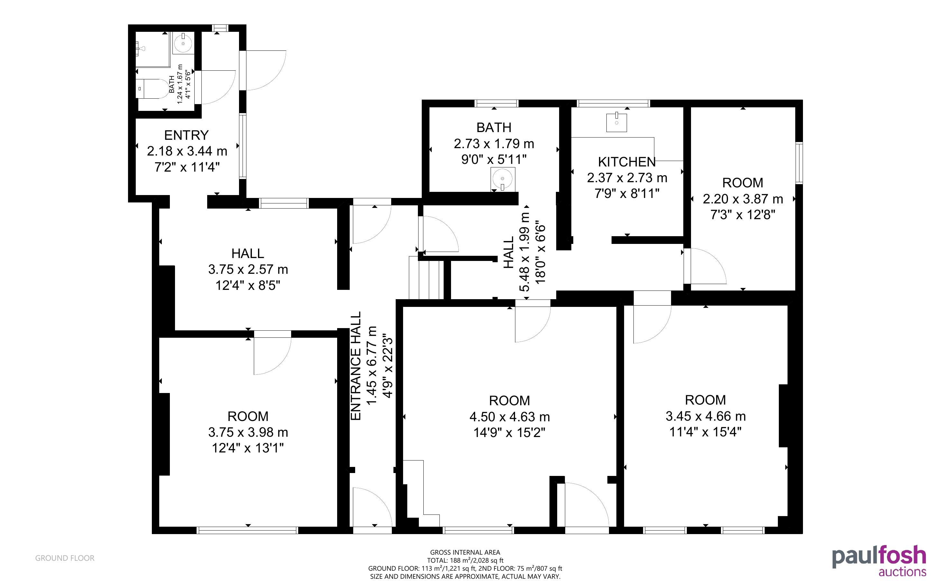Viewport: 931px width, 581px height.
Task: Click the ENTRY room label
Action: [x=187, y=135]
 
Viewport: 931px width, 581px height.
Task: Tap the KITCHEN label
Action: [x=627, y=162]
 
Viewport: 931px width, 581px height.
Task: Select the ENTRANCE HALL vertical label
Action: [x=356, y=366]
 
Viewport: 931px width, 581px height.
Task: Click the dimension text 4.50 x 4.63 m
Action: [x=510, y=416]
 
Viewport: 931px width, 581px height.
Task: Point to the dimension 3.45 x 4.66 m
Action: [x=706, y=416]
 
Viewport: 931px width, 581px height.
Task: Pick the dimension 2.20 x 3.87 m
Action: [x=743, y=199]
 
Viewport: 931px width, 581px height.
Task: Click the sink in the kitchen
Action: [x=616, y=122]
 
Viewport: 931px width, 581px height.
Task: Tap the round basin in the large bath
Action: [x=502, y=179]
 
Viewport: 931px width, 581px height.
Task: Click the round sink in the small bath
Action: [x=183, y=43]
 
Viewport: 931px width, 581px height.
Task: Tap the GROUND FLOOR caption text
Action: [x=65, y=558]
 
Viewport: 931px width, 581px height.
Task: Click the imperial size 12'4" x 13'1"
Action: [x=248, y=448]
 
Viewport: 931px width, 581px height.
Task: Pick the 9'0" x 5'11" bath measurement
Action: [x=494, y=159]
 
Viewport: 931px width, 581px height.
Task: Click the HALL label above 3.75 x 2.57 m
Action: [x=248, y=253]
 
